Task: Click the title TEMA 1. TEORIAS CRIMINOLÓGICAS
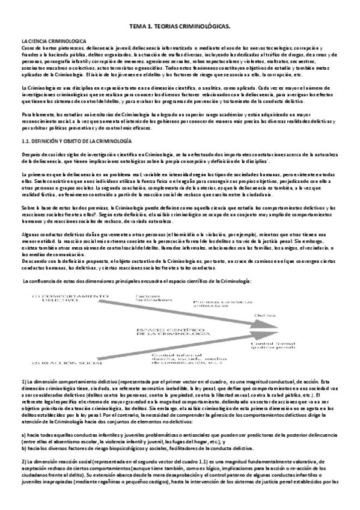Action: [180, 27]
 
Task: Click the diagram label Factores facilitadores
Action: [152, 298]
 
